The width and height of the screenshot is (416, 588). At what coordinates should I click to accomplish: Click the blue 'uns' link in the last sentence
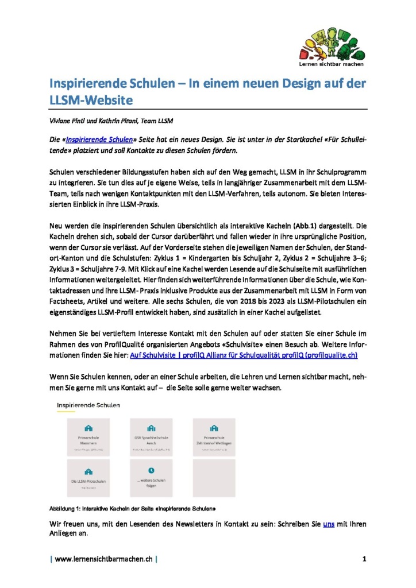point(329,524)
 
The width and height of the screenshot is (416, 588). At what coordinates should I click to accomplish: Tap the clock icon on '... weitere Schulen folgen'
point(152,470)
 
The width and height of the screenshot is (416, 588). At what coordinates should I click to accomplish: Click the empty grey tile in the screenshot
point(214,478)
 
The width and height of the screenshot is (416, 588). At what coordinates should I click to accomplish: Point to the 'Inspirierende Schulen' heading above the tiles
point(88,405)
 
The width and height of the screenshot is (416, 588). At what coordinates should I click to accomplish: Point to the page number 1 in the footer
point(364,559)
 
